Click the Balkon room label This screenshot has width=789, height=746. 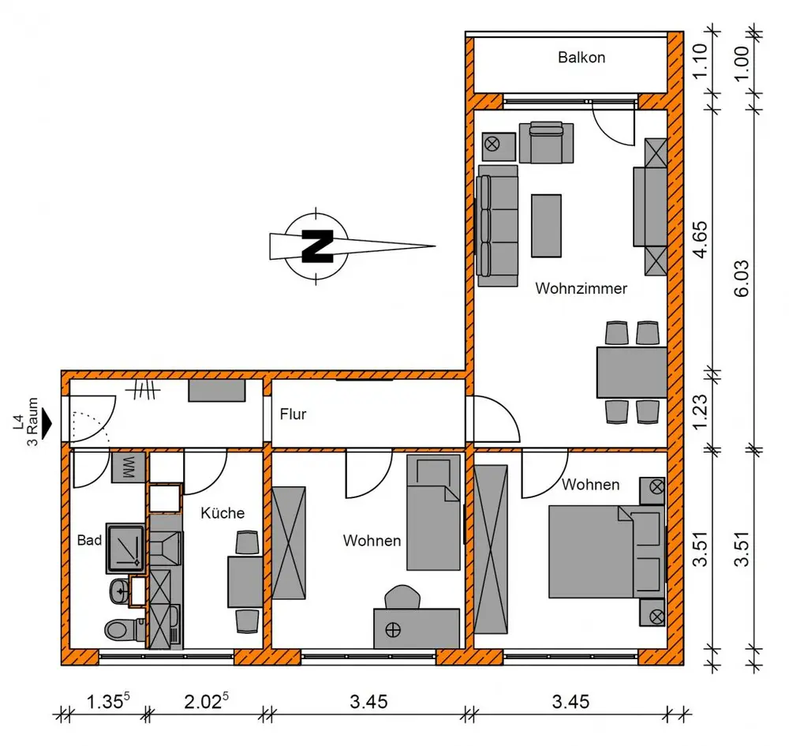point(581,58)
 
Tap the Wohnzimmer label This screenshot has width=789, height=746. point(581,288)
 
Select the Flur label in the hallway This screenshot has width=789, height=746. point(293,414)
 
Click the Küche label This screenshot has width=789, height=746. point(222,513)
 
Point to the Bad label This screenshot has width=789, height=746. point(90,540)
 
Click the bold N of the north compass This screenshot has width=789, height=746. point(317,246)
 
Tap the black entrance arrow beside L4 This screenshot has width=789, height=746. point(47,424)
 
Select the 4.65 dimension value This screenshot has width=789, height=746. point(700,240)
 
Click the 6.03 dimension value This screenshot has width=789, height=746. point(742,278)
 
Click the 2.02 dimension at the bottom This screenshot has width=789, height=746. point(206,701)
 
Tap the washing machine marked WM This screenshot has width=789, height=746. point(129,467)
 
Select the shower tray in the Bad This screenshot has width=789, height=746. point(125,548)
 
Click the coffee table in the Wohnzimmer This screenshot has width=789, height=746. point(546,226)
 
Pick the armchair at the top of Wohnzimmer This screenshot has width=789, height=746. point(546,142)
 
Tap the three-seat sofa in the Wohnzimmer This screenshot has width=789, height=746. point(497,226)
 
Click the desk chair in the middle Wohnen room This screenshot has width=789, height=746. point(402,597)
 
